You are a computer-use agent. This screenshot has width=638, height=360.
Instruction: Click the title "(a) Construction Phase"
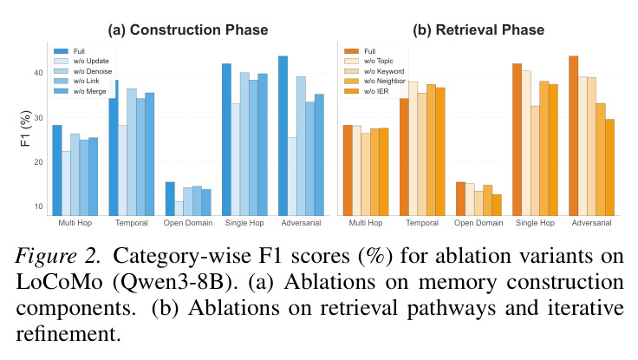point(188,29)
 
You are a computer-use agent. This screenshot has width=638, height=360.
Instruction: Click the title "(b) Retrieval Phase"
point(478,29)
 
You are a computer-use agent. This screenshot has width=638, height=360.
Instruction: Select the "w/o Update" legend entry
point(81,61)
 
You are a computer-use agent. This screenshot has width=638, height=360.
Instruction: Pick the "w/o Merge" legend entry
point(80,91)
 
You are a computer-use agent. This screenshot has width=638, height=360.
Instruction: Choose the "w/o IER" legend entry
point(367,91)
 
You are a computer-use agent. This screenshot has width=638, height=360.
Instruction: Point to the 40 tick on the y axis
point(38,73)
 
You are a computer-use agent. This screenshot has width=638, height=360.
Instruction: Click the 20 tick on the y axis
point(38,162)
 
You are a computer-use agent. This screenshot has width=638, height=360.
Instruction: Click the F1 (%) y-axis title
point(25,128)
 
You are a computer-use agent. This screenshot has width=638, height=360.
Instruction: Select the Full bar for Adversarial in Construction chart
point(283,136)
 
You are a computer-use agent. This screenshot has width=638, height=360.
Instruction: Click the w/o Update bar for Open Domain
point(179,208)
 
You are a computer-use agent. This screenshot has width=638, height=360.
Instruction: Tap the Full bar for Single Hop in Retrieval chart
point(517,140)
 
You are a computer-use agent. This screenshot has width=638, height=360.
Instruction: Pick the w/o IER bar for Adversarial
point(609,167)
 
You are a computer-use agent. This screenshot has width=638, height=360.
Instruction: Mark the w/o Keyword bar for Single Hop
point(535,160)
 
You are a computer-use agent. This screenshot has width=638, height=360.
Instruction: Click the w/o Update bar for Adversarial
point(292,177)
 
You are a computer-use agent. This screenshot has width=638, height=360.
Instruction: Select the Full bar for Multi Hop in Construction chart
point(57,171)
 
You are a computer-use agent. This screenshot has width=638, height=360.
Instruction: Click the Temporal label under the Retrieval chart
point(422,223)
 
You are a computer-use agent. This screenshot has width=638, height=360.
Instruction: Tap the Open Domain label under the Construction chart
point(188,223)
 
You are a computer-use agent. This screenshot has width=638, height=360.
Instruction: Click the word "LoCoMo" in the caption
point(60,282)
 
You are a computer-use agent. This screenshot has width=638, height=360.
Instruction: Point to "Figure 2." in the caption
point(58,256)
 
